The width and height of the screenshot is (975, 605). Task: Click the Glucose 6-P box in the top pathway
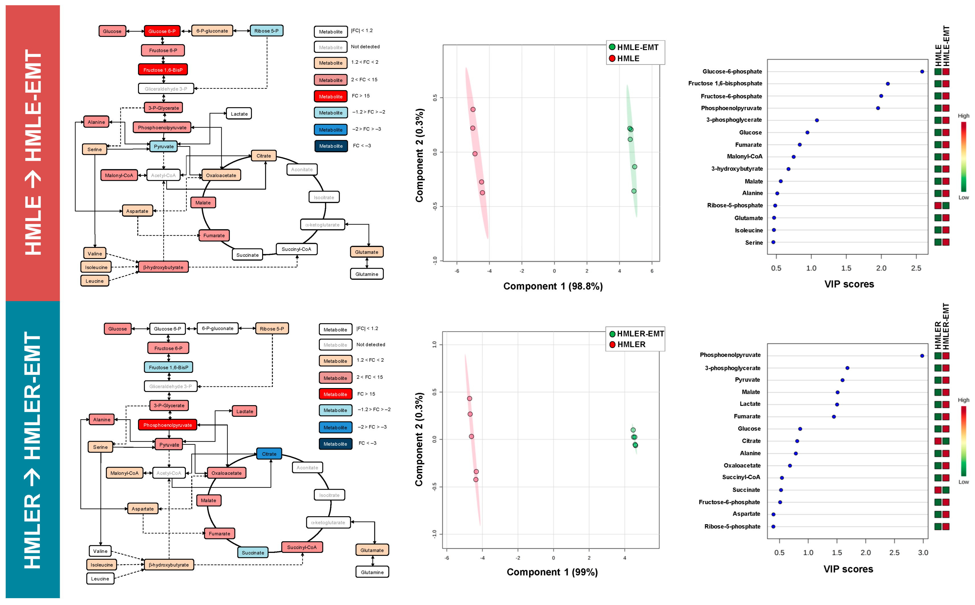pos(162,31)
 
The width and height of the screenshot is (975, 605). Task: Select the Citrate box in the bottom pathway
pos(269,454)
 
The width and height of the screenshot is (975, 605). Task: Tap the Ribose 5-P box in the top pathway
pos(266,31)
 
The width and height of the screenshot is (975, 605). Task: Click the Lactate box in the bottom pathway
pos(245,411)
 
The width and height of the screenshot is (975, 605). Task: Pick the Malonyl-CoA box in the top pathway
pos(119,175)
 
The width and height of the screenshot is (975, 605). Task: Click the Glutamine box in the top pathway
pos(367,274)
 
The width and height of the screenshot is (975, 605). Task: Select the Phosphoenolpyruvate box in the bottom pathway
pos(167,425)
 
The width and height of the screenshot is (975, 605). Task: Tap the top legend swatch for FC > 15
pos(331,96)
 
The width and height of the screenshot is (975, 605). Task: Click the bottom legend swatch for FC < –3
pos(335,444)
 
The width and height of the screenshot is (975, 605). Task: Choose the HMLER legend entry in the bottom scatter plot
pos(631,345)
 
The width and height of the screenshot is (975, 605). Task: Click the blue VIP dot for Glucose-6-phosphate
pos(922,72)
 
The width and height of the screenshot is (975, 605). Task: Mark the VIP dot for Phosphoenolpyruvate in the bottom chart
pos(922,356)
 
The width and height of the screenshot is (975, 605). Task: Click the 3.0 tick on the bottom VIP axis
pos(923,553)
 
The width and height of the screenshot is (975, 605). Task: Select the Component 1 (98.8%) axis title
pos(553,286)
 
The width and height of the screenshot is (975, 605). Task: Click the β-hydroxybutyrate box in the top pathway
pos(163,267)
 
